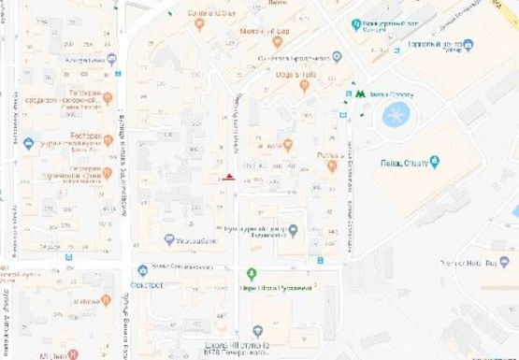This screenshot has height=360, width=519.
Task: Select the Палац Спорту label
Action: pyautogui.click(x=402, y=163)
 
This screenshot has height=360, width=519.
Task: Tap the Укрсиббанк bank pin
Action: pyautogui.click(x=168, y=239)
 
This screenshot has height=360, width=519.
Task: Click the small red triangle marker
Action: pyautogui.click(x=230, y=176)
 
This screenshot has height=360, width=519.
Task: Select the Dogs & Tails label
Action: pyautogui.click(x=282, y=73)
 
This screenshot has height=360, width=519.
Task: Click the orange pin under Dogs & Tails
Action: pyautogui.click(x=303, y=86)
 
